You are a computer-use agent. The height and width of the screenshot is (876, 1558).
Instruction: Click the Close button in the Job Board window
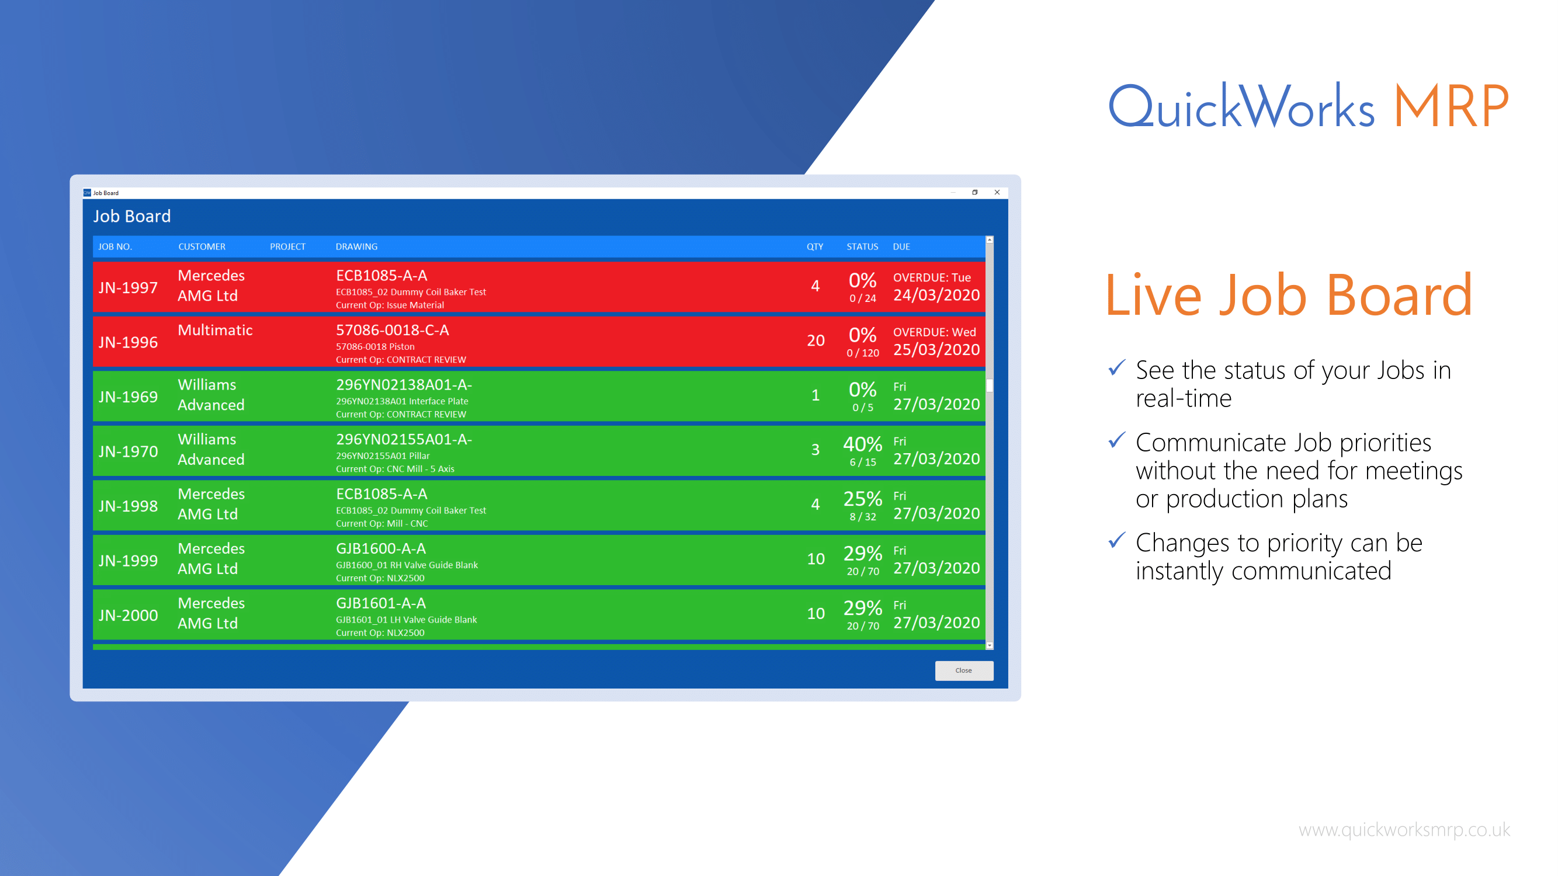coord(963,670)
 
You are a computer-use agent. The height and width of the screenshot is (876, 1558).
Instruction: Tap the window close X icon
coord(997,192)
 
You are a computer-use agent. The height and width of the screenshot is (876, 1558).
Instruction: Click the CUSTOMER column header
coord(202,246)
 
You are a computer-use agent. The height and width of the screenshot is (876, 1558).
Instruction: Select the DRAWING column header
coord(356,246)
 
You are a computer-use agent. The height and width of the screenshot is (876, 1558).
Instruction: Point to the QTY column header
coord(814,246)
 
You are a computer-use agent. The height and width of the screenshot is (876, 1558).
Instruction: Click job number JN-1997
coord(128,288)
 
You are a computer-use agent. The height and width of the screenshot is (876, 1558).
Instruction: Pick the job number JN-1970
coord(128,451)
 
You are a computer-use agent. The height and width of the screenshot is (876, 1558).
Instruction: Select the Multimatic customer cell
coord(215,330)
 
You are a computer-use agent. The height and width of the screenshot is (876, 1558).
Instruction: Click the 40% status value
coord(862,444)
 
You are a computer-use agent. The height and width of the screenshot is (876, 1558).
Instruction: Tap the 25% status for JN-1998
coord(862,499)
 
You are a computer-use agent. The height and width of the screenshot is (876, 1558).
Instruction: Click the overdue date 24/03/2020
coord(936,295)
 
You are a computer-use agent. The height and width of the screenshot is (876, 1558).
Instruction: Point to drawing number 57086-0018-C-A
coord(392,330)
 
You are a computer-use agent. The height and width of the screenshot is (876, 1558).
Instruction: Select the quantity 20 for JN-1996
coord(816,340)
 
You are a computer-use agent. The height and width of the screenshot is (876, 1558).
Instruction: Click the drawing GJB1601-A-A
coord(380,603)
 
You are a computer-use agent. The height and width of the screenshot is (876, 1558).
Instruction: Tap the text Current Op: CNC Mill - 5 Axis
coord(394,469)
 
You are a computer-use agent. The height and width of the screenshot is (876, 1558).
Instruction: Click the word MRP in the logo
coord(1451,107)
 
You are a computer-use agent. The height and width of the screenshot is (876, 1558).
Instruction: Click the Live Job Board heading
coord(1288,296)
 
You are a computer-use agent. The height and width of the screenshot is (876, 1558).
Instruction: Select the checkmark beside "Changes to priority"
coord(1116,539)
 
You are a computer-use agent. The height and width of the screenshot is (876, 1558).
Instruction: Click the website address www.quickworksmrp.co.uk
coord(1404,829)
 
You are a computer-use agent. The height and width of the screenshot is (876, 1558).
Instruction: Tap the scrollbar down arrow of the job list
coord(990,646)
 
